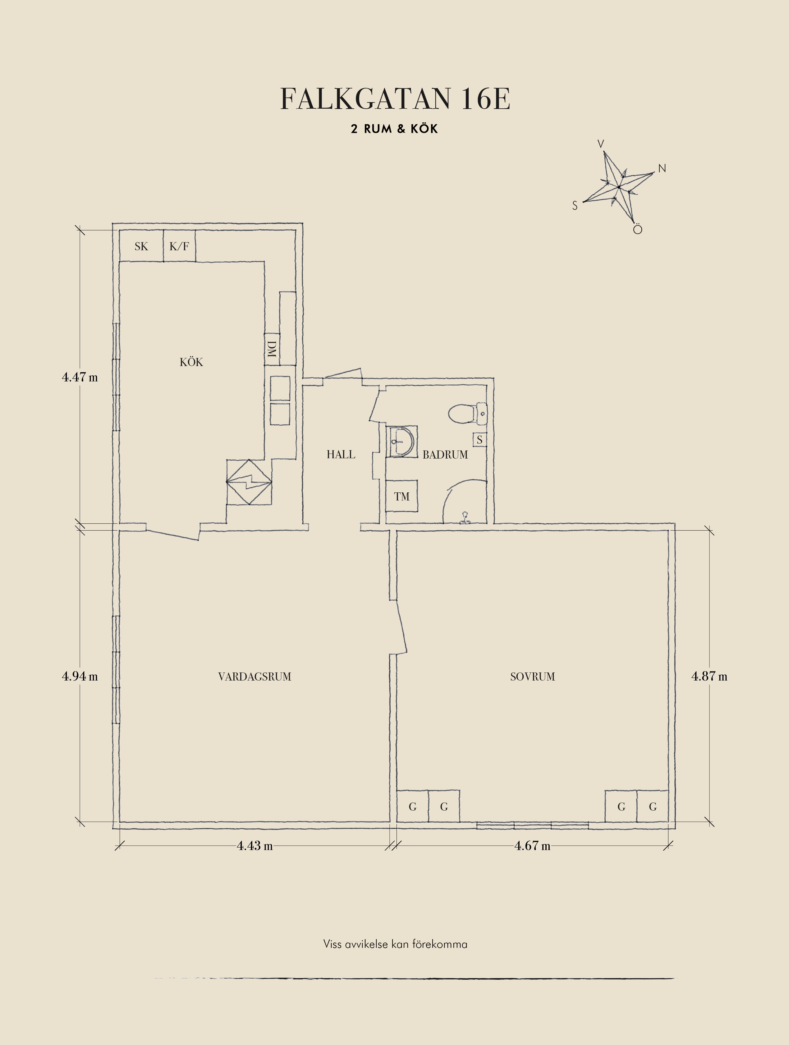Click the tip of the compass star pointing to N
[654, 172]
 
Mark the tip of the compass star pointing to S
[583, 202]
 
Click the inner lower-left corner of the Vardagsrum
[120, 821]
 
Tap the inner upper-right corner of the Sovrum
[668, 531]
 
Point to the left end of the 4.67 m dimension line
[396, 846]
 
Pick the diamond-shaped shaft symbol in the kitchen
[249, 482]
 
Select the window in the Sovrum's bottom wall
[532, 825]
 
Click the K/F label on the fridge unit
[179, 246]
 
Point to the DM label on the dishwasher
[271, 349]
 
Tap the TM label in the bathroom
[402, 496]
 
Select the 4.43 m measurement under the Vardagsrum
[255, 846]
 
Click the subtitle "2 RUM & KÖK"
[394, 129]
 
